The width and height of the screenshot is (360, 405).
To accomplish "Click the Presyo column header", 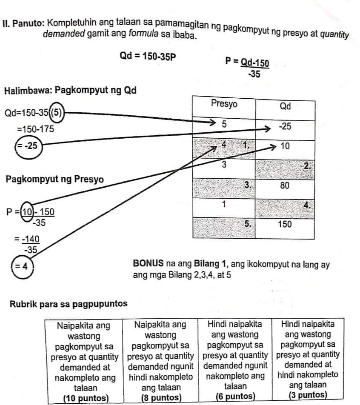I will coord(224,104).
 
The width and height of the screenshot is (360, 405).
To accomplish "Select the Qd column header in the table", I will coord(285,106).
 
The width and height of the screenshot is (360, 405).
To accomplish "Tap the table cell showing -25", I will coord(285,127).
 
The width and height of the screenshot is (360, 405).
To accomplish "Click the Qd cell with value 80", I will coord(285,186).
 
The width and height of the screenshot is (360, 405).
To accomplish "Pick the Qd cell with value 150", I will coord(285,224).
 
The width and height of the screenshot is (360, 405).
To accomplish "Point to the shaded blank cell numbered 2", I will coord(285,167).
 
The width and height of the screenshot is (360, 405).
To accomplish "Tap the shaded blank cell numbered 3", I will coord(224,186).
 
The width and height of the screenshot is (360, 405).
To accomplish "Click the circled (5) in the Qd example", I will coord(57,114).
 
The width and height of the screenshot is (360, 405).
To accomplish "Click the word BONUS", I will coord(147,264).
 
